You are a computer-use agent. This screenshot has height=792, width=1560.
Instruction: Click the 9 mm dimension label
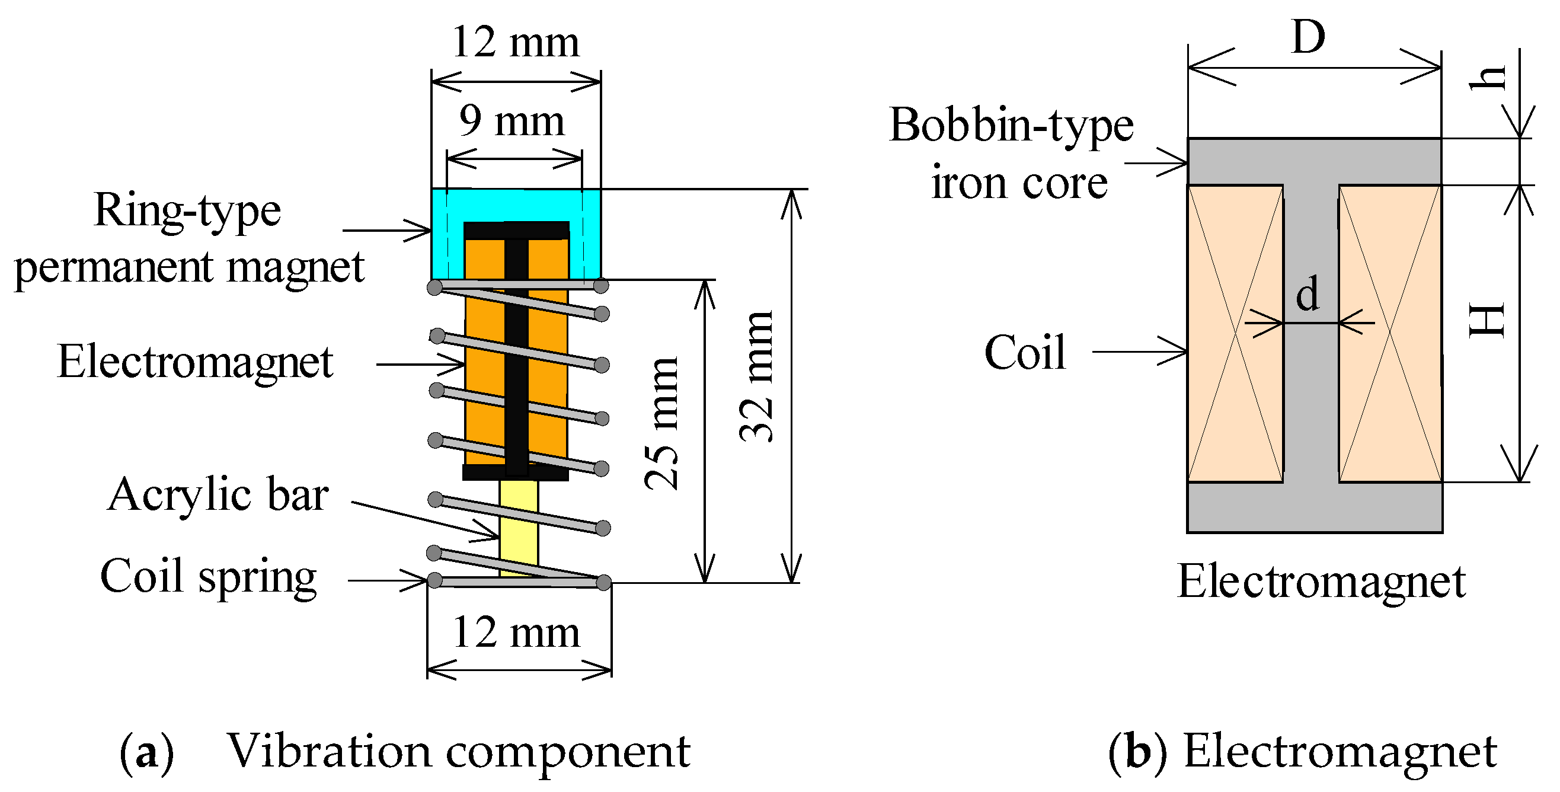pyautogui.click(x=512, y=121)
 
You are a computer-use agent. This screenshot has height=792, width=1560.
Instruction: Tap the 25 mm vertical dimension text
pyautogui.click(x=661, y=423)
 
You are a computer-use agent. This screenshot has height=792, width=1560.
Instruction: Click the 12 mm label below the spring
pyautogui.click(x=516, y=633)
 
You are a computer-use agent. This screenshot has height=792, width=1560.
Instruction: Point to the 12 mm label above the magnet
pyautogui.click(x=516, y=42)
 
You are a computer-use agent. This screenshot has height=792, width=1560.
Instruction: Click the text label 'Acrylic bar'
pyautogui.click(x=218, y=494)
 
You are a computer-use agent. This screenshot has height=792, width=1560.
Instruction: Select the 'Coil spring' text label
pyautogui.click(x=208, y=576)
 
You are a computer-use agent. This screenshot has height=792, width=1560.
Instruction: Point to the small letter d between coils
pyautogui.click(x=1308, y=293)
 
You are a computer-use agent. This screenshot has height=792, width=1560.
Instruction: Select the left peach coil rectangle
pyautogui.click(x=1235, y=333)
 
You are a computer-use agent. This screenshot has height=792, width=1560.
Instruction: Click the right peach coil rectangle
pyautogui.click(x=1390, y=333)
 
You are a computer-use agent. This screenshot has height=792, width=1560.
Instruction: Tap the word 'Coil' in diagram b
pyautogui.click(x=1025, y=352)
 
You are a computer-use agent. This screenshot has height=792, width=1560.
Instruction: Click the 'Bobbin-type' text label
pyautogui.click(x=1011, y=125)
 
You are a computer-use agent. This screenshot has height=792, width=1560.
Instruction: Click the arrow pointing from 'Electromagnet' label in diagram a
pyautogui.click(x=421, y=365)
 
